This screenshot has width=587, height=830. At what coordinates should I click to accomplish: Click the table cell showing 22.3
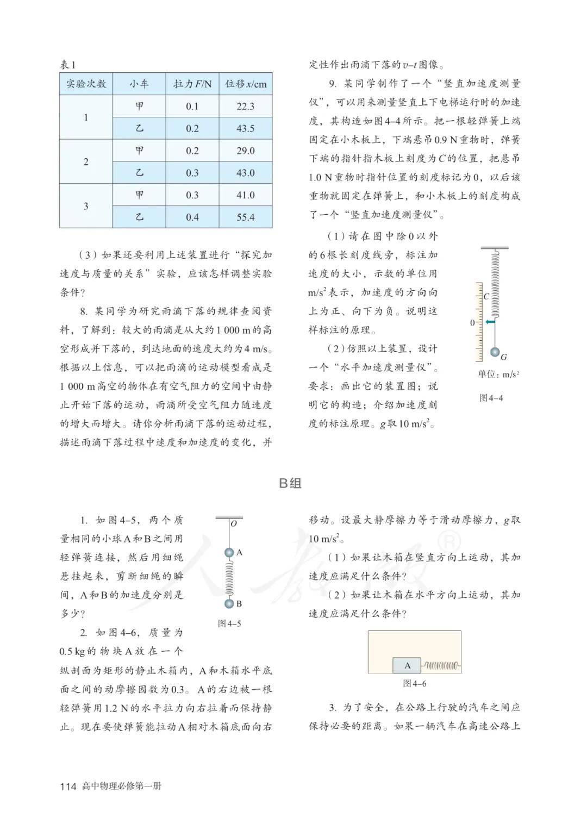point(245,107)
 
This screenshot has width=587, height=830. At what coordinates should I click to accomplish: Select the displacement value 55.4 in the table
point(245,217)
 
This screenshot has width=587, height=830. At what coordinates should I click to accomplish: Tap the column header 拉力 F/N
point(192,84)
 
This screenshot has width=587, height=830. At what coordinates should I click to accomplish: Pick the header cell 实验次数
point(86,84)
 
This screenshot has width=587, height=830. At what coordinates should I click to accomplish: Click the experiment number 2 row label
point(86,162)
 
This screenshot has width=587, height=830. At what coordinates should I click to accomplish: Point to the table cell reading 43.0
point(245,173)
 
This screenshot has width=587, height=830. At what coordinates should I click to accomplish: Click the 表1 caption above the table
point(68,65)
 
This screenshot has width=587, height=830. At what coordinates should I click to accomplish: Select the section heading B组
point(290,483)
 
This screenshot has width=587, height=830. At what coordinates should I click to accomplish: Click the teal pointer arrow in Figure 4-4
point(490,322)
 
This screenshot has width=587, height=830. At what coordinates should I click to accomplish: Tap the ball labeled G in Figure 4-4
point(495,352)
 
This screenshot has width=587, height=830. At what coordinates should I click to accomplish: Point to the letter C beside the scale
point(486,297)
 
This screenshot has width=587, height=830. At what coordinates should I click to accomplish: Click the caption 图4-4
point(491,398)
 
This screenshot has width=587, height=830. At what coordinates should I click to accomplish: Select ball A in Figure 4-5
point(229,553)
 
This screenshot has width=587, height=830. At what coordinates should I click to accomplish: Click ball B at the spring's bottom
point(229,603)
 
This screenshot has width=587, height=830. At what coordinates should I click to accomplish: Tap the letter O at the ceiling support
point(234,524)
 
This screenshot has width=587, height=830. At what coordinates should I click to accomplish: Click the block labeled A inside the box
point(407,665)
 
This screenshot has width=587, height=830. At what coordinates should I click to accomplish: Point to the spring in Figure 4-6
point(441,665)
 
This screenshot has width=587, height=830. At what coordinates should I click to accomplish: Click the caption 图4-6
point(414,684)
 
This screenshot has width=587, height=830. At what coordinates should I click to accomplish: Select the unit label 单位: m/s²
point(498,375)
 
